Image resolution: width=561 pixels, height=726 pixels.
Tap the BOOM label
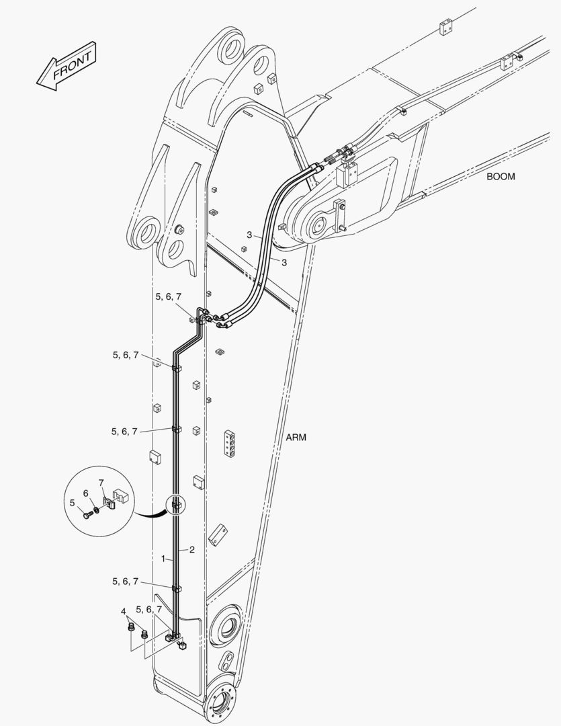[x=501, y=176]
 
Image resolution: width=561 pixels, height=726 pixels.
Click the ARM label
[x=296, y=437]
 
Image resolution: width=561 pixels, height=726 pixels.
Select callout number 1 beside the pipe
[x=163, y=559]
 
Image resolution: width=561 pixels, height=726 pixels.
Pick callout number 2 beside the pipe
[x=191, y=550]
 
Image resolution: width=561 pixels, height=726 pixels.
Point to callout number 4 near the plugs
[x=124, y=612]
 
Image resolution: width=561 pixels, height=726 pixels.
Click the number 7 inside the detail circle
[x=101, y=483]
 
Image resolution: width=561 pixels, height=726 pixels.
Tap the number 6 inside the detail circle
[x=85, y=493]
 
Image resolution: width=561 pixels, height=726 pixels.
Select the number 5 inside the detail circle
[x=72, y=502]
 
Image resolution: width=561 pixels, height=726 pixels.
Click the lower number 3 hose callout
[x=284, y=263]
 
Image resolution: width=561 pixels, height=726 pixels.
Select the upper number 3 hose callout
[x=249, y=235]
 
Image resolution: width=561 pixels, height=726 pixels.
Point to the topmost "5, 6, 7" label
[x=169, y=297]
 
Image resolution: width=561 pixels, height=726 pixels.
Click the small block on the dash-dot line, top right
[x=445, y=28]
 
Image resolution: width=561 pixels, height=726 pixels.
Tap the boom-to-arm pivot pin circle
[x=318, y=226]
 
